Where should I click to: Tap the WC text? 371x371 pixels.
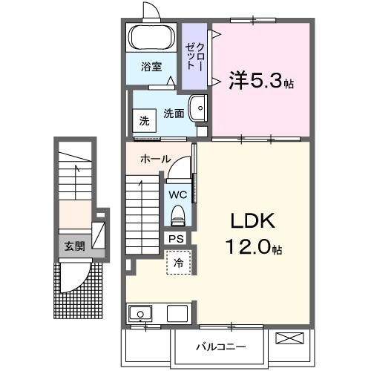click(x=177, y=194)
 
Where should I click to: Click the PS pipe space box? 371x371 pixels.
click(x=176, y=238)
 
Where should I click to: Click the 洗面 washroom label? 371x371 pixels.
click(x=173, y=114)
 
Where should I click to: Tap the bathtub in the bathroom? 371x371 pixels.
click(x=151, y=37)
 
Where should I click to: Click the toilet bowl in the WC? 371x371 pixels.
click(x=178, y=216)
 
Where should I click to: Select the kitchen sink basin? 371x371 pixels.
click(x=139, y=314)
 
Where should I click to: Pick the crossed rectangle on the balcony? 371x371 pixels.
click(x=290, y=339)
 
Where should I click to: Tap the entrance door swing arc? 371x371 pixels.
click(x=81, y=278)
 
